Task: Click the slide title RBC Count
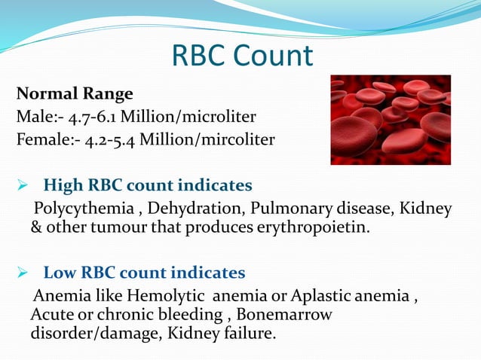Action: tap(241, 55)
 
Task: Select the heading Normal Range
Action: tap(75, 94)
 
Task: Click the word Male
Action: tap(32, 117)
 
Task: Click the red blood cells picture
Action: tap(390, 119)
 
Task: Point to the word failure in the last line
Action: tap(247, 331)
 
